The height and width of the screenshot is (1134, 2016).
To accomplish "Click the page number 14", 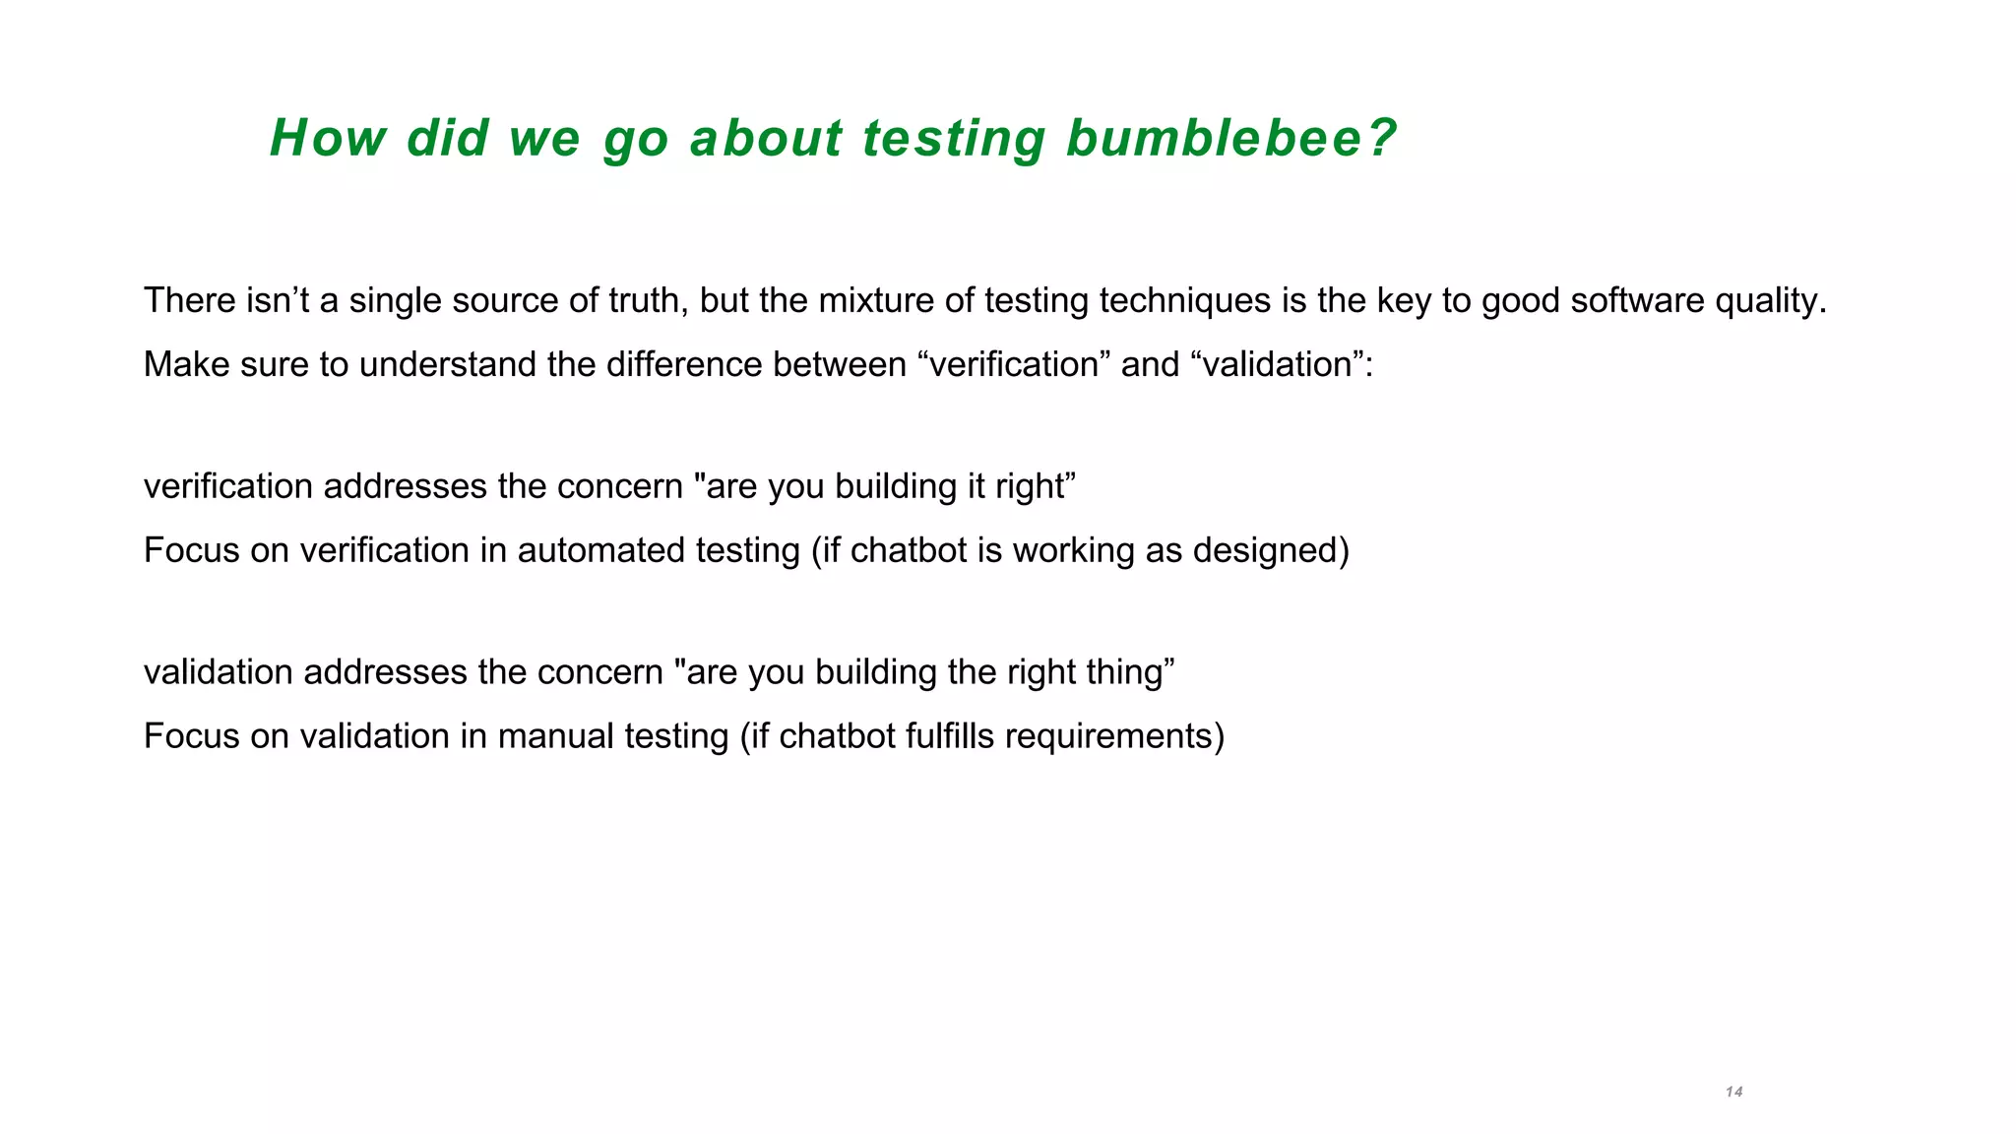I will tap(1733, 1092).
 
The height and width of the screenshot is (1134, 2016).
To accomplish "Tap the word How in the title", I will tap(327, 138).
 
